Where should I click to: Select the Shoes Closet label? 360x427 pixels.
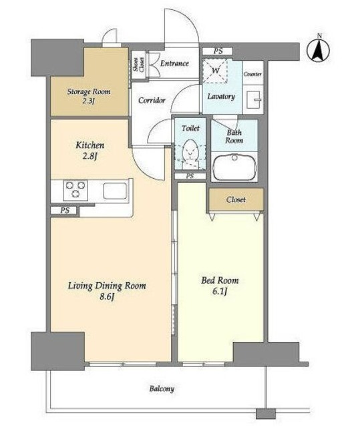138,65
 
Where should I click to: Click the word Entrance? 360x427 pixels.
174,63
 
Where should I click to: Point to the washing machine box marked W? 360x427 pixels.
215,71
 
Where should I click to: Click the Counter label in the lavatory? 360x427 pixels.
252,74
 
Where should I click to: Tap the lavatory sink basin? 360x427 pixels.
254,99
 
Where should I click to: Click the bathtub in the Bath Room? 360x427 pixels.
234,167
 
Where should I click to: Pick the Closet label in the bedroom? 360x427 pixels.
236,199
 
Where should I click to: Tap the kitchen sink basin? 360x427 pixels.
116,191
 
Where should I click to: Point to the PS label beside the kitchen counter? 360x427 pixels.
65,211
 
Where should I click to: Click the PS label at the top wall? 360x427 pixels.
218,51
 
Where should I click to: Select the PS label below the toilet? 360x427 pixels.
190,176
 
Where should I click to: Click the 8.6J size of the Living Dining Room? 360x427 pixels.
107,296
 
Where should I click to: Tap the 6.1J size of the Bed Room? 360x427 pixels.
220,292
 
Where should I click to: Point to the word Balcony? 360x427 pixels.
162,388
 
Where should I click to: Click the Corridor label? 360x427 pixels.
152,100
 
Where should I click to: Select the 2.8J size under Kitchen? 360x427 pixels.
90,156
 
